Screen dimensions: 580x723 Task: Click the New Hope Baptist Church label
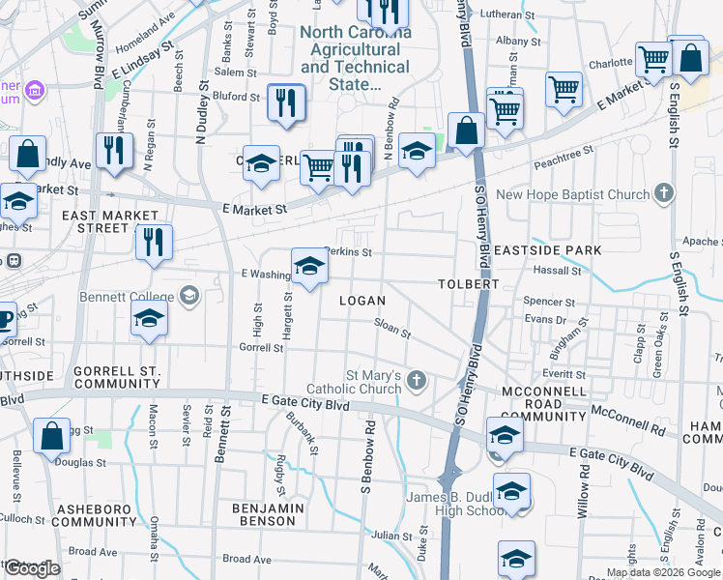pos(573,195)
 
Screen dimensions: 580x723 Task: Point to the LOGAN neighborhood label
pos(362,301)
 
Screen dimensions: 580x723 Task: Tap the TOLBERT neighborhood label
pos(467,284)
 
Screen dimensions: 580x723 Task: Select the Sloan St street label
pos(392,330)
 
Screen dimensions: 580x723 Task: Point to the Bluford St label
pos(237,96)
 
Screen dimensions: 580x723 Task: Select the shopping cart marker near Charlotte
pos(653,59)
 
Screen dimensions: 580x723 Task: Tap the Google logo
pos(33,568)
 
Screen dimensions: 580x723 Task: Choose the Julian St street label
pos(392,535)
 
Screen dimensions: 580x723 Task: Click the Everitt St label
pos(557,373)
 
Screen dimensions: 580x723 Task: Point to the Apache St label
pos(703,242)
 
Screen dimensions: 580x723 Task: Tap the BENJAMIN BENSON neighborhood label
pos(268,514)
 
